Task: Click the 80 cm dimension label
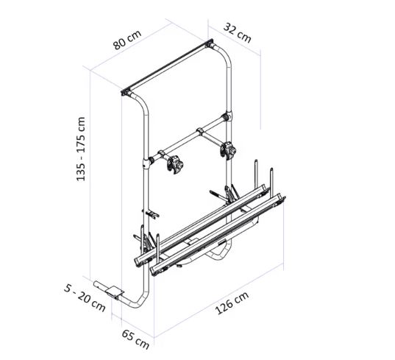[x=127, y=40]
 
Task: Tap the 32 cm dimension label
[x=238, y=33]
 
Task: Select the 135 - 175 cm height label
[x=81, y=149]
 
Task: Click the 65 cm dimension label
[x=135, y=339]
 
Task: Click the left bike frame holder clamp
[x=175, y=165]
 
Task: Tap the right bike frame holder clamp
[x=228, y=150]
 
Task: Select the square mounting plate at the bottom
[x=115, y=292]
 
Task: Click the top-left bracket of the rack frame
[x=126, y=92]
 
